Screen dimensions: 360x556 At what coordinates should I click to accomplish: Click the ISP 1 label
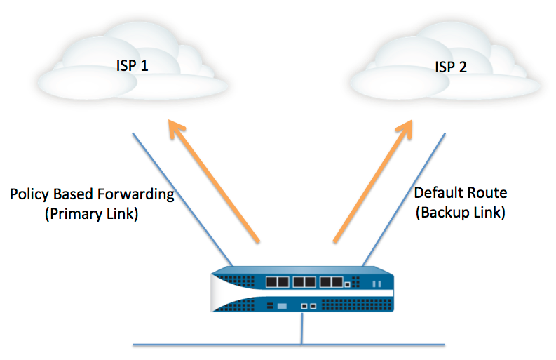(133, 66)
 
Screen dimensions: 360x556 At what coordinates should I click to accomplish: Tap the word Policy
(28, 194)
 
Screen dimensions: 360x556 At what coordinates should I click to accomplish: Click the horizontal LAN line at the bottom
(210, 345)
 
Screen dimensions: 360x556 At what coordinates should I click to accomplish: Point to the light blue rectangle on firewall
(281, 307)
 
